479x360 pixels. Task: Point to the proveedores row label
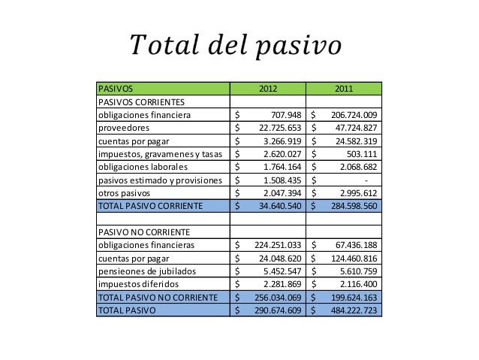[x=122, y=128]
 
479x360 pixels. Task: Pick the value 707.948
[x=284, y=115]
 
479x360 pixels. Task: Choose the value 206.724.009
[x=351, y=115]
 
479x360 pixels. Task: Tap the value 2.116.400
[x=357, y=283]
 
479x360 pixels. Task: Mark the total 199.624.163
[x=351, y=296]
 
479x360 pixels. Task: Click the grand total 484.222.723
[x=351, y=309]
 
